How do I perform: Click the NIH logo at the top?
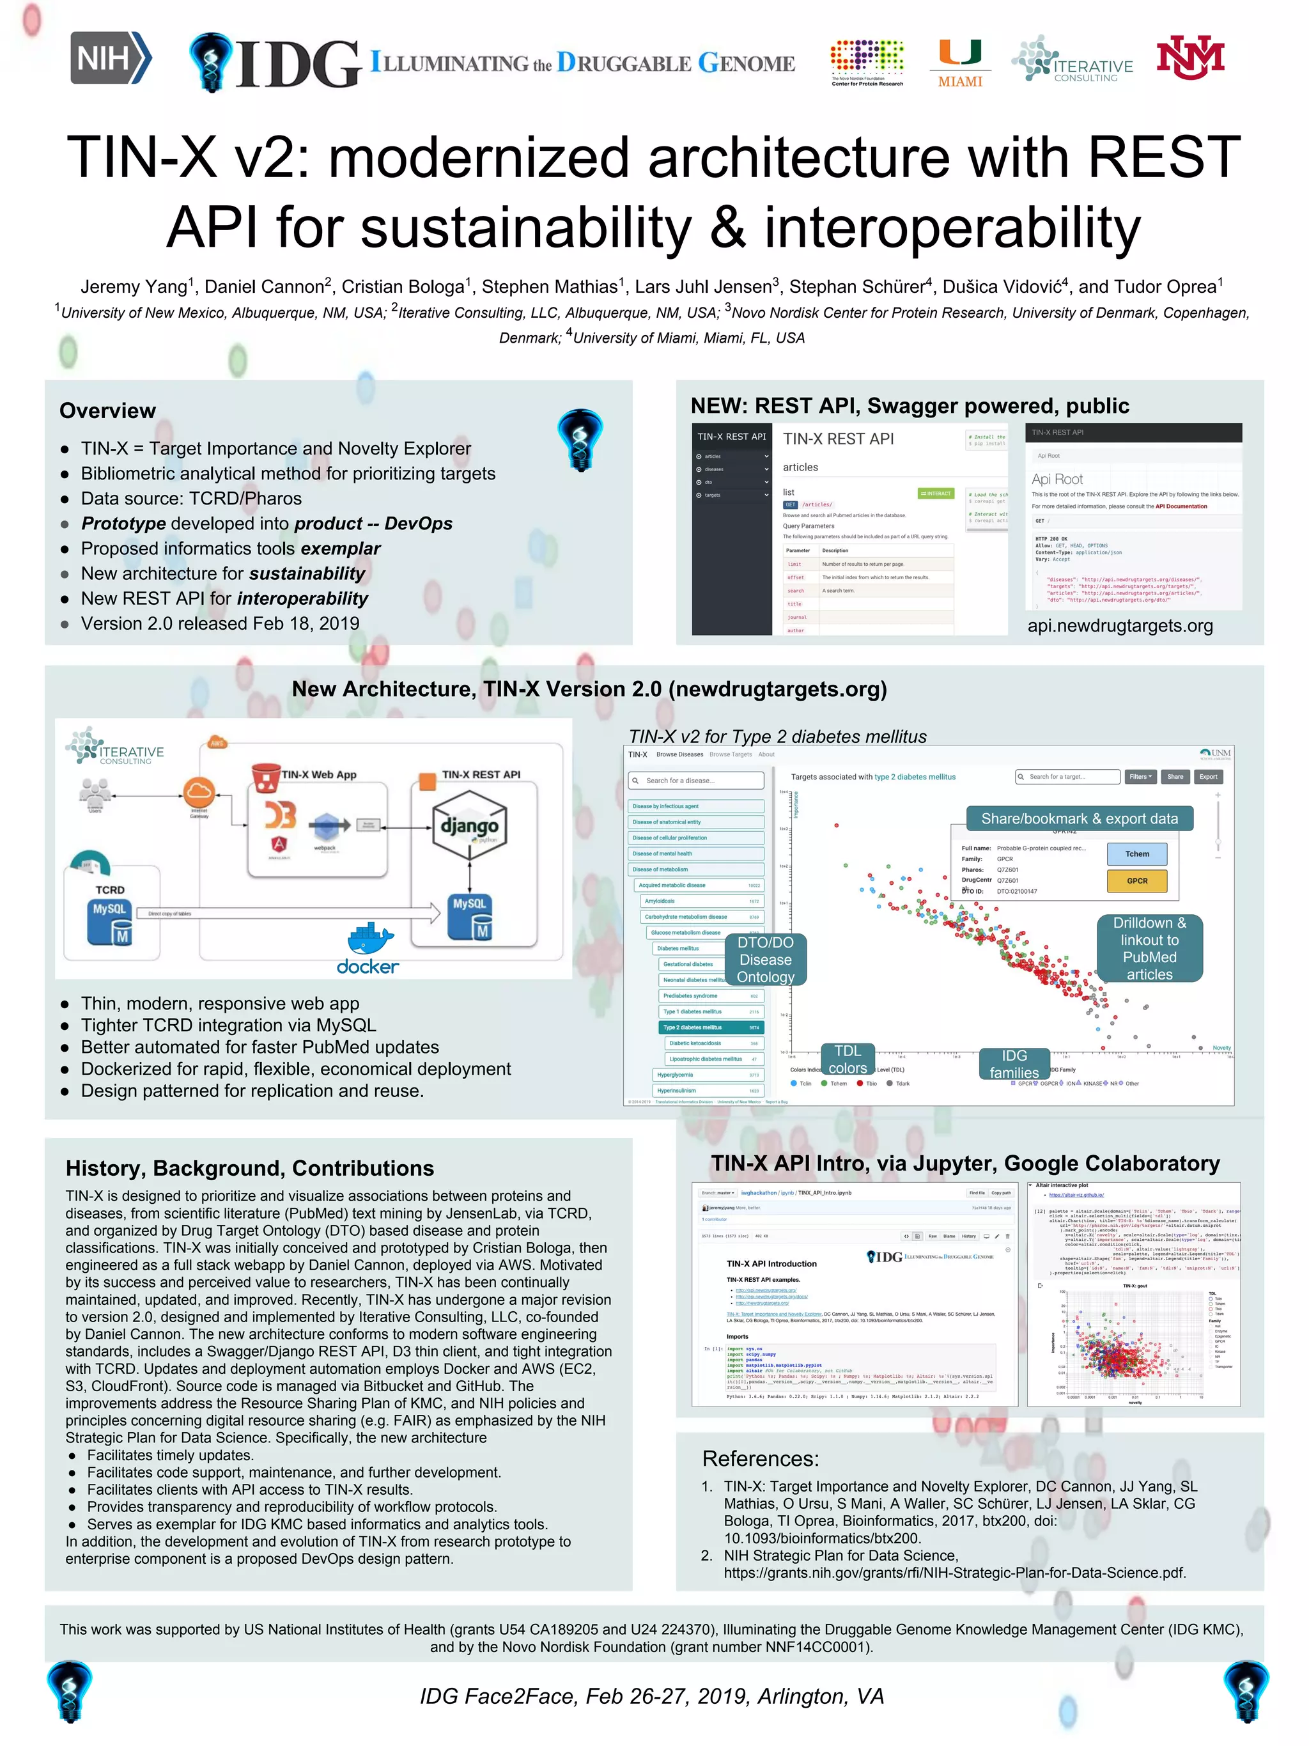[111, 58]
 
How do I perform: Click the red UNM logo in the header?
[1190, 58]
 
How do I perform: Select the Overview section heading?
[107, 410]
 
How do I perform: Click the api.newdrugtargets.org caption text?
[1120, 626]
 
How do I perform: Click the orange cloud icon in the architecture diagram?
[199, 791]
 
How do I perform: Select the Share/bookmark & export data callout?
[1079, 818]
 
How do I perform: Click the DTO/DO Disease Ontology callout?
[764, 959]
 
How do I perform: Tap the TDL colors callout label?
[848, 1059]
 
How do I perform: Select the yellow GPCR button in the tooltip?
[1136, 881]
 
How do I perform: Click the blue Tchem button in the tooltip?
[1136, 854]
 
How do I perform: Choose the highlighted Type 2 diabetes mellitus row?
[711, 1027]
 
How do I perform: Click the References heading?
[760, 1459]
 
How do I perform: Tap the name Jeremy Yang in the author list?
[134, 286]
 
